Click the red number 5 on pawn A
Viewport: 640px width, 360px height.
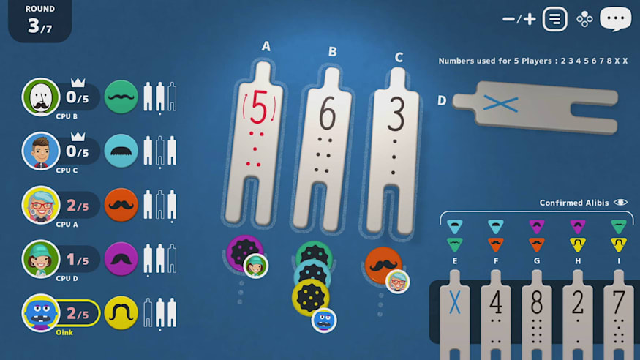(x=258, y=107)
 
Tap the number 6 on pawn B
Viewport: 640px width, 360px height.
(x=328, y=113)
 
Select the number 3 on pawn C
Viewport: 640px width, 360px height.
(x=396, y=115)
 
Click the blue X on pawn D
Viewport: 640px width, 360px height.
(x=500, y=103)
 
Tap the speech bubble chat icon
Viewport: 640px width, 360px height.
(x=616, y=19)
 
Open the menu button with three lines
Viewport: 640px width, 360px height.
(x=554, y=19)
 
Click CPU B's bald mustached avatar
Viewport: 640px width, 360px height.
(x=40, y=97)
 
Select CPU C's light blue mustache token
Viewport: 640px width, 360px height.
(x=121, y=151)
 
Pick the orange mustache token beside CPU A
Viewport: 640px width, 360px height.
(x=121, y=205)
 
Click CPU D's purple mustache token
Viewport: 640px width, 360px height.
(x=121, y=259)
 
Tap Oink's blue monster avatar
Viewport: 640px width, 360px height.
(x=40, y=313)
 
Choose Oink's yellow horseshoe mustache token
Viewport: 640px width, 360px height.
(x=121, y=313)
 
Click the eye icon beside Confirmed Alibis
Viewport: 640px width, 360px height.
(x=620, y=203)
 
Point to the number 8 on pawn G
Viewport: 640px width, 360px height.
(x=537, y=303)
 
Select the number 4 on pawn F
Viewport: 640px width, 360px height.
(x=496, y=303)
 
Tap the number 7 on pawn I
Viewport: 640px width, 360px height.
(x=619, y=303)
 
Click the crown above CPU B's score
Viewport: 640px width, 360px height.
(x=78, y=83)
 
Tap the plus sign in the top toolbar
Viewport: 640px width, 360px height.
(x=530, y=19)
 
